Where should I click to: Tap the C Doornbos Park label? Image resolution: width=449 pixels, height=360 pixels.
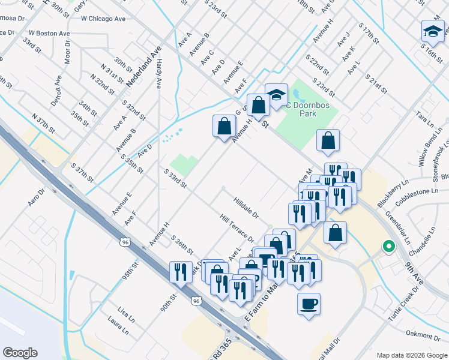[308, 109]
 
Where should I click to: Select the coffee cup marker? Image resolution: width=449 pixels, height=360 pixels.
[309, 303]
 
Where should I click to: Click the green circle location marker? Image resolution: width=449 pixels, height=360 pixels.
[388, 246]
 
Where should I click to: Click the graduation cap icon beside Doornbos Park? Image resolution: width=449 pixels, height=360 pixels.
[276, 95]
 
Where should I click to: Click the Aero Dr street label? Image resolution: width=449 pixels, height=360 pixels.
[37, 200]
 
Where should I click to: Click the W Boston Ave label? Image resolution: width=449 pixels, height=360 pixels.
[49, 33]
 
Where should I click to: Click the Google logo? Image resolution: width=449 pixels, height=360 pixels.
[19, 353]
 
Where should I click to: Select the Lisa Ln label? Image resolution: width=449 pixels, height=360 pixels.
[125, 313]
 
